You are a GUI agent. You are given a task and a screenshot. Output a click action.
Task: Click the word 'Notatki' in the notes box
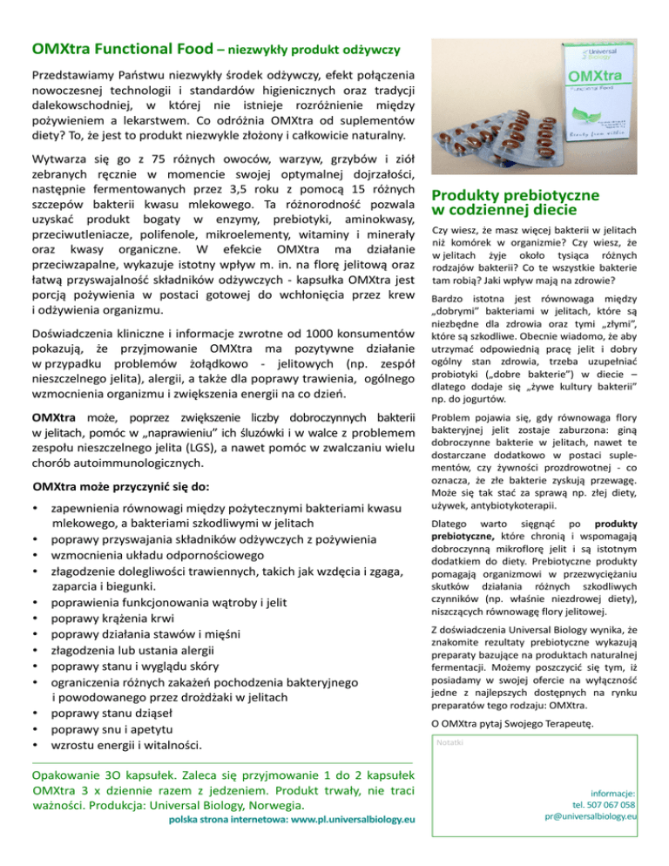pyautogui.click(x=451, y=741)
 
